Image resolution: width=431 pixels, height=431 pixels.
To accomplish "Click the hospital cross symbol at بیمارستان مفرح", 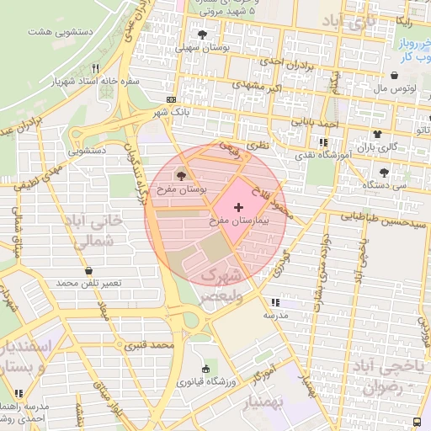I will coord(238,206).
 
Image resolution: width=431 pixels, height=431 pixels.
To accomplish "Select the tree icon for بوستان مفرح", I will coord(181,176).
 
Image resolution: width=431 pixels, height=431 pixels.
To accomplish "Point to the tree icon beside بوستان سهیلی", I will coord(202,35).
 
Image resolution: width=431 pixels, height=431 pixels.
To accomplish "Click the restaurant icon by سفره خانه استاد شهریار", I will coord(96,68).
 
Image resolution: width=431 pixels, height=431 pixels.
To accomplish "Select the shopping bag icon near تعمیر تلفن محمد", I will coord(89,270).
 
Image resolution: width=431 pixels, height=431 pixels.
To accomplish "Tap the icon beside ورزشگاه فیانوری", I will coord(206,369).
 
